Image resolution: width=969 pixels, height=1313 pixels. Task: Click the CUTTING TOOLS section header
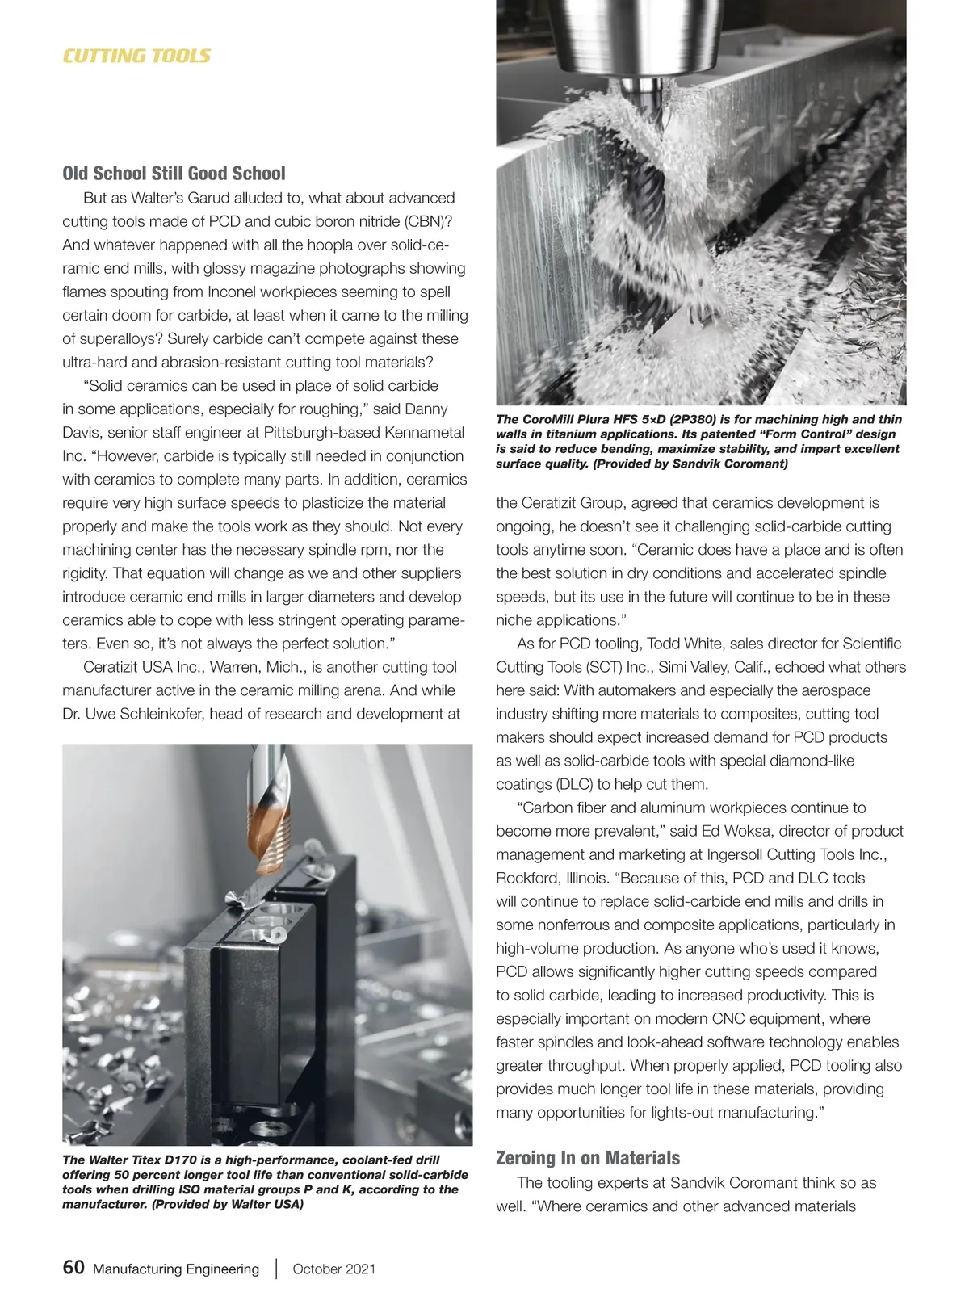136,56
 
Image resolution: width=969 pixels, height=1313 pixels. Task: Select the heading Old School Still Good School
174,174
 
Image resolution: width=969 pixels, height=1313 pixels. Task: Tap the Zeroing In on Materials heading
587,1158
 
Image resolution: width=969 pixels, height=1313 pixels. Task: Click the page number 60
73,1267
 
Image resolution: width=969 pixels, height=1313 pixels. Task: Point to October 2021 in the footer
333,1269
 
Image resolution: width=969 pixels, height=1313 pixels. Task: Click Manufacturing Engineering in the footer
176,1269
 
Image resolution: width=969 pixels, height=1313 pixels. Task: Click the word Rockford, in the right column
526,878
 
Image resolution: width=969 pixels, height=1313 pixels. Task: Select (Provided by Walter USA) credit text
227,1204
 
